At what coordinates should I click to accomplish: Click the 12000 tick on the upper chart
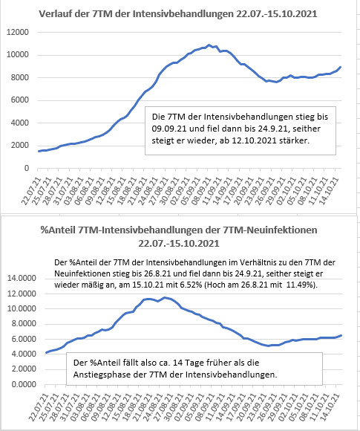point(18,32)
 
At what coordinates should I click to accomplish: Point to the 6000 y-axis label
point(20,100)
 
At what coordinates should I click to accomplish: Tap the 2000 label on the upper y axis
point(20,146)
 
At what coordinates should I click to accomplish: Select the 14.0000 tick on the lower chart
point(22,278)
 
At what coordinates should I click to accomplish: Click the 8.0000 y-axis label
point(24,324)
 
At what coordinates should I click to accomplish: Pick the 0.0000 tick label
point(24,384)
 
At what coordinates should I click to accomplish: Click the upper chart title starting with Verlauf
point(178,13)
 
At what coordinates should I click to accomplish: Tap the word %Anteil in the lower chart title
point(58,230)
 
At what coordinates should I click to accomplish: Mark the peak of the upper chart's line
point(209,45)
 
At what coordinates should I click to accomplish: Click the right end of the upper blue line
point(341,67)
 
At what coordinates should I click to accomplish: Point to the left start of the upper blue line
point(39,151)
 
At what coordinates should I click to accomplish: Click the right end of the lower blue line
point(341,335)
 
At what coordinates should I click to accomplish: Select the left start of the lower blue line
point(46,353)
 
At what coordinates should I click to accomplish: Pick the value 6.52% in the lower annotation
point(191,285)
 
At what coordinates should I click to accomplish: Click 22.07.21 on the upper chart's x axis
point(30,191)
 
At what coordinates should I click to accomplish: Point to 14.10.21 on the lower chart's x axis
point(330,407)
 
